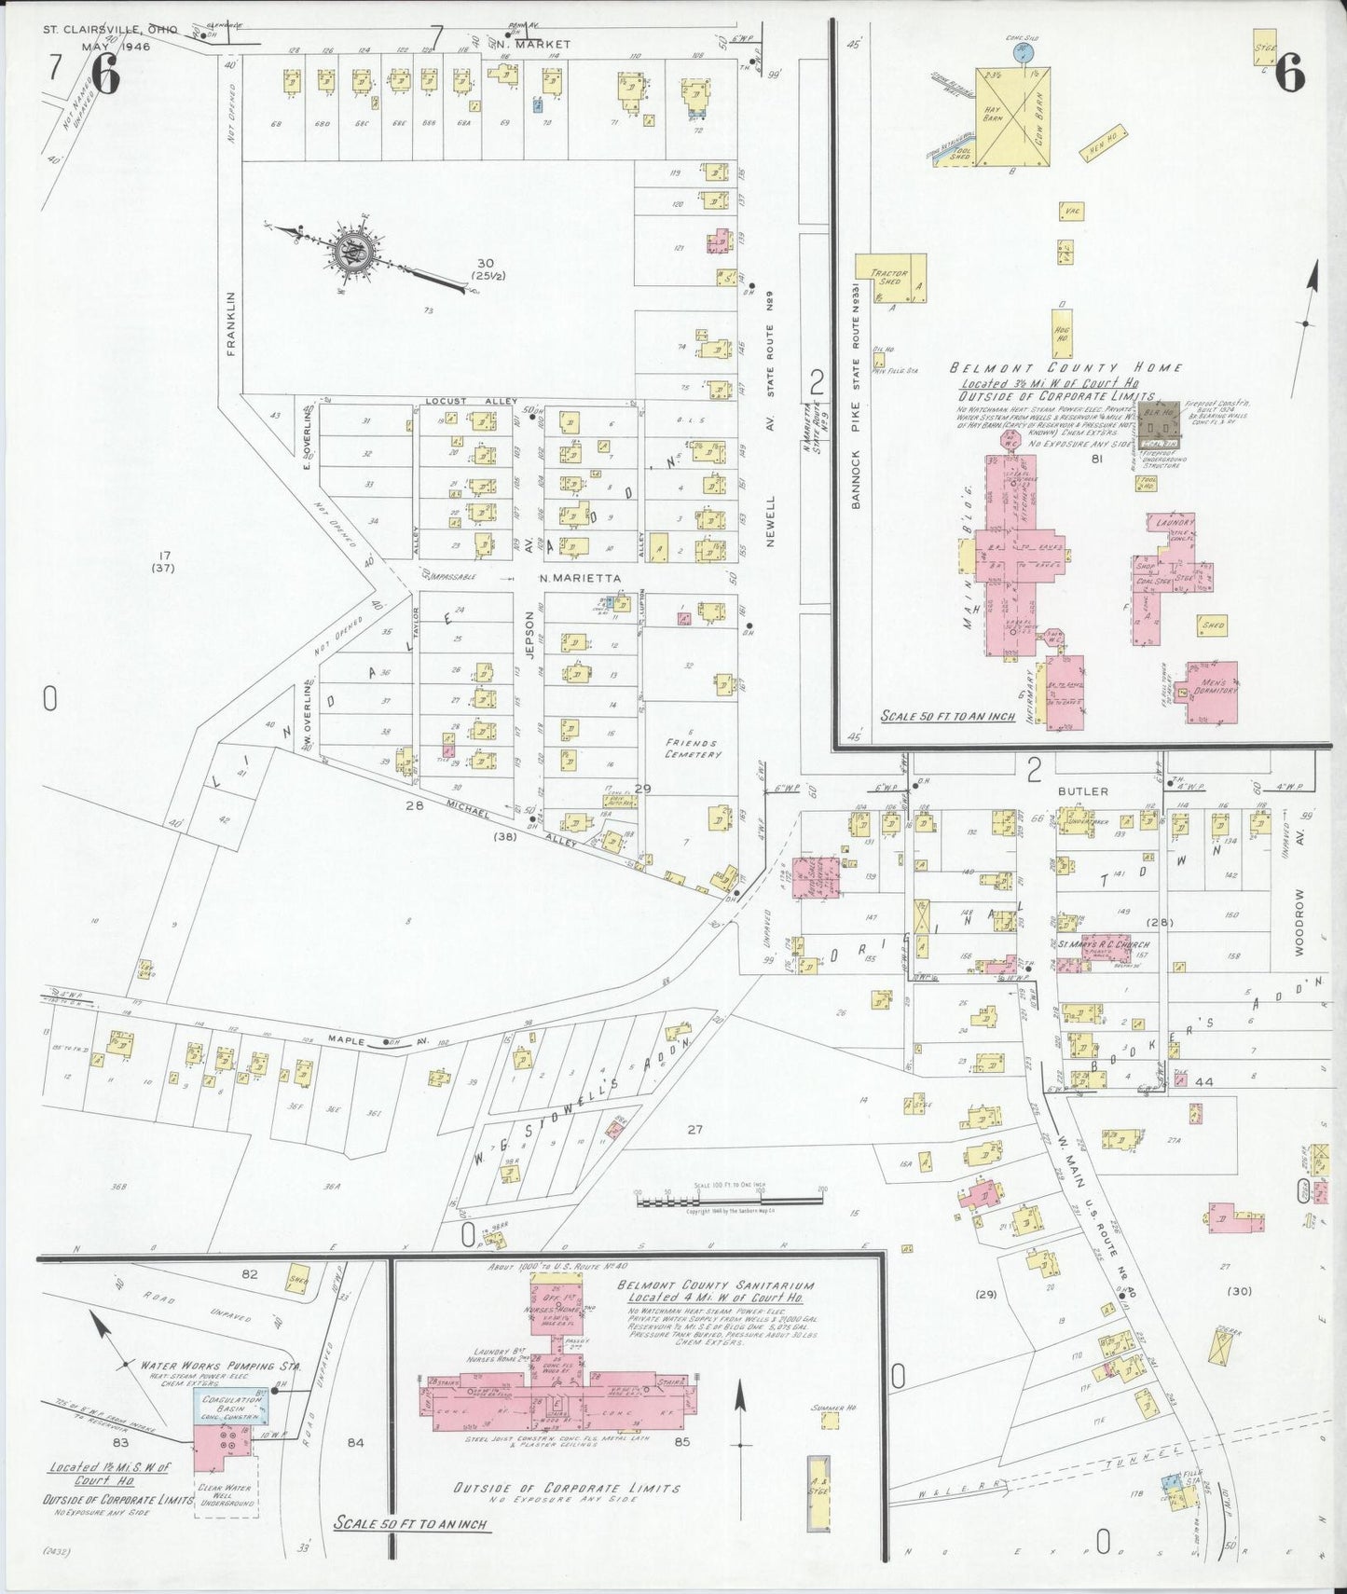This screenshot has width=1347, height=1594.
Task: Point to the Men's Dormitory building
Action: click(x=1213, y=692)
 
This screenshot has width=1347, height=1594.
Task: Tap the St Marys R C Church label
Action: click(x=1092, y=944)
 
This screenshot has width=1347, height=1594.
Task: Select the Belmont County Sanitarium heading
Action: click(x=715, y=1285)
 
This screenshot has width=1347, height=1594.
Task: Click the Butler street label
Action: click(x=1082, y=790)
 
